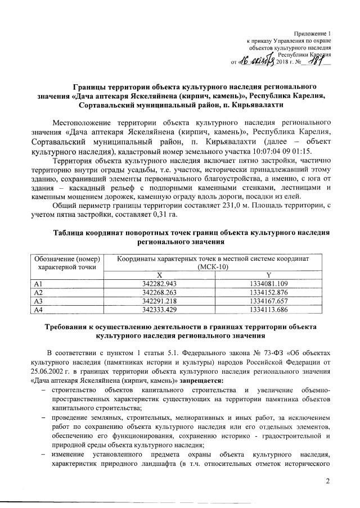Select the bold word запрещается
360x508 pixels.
pyautogui.click(x=201, y=381)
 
